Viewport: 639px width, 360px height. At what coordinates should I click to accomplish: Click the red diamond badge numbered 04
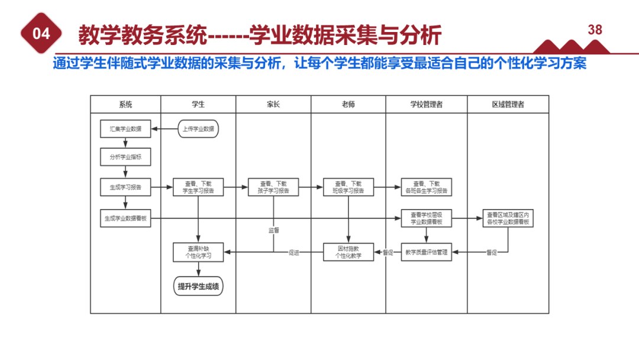(x=41, y=34)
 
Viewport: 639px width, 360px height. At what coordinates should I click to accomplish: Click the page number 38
(x=595, y=30)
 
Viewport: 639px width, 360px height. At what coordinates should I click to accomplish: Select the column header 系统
(x=125, y=104)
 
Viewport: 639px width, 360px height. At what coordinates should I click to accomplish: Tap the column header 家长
(x=273, y=104)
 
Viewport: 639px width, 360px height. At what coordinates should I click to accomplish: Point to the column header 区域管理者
(x=508, y=104)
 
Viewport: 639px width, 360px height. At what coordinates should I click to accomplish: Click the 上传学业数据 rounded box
(x=198, y=128)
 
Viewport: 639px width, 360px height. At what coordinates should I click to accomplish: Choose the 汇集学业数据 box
(x=125, y=128)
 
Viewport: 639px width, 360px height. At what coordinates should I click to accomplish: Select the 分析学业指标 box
(x=125, y=157)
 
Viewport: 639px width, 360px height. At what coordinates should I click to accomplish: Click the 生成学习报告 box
(x=125, y=187)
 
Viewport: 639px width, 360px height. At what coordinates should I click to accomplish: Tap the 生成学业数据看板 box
(x=125, y=218)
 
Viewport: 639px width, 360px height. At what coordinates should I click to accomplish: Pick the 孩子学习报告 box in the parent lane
(x=273, y=187)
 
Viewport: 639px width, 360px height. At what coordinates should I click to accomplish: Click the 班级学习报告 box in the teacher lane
(x=349, y=187)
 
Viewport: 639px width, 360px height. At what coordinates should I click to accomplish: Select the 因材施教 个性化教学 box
(x=349, y=252)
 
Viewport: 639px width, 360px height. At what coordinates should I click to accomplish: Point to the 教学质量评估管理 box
(x=427, y=252)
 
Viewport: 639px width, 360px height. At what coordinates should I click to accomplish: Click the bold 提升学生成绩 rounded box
(x=198, y=287)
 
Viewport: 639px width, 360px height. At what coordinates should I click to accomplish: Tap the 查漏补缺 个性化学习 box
(x=198, y=252)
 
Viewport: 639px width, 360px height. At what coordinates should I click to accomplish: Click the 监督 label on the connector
(x=273, y=229)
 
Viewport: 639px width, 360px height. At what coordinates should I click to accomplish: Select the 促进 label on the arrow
(x=294, y=252)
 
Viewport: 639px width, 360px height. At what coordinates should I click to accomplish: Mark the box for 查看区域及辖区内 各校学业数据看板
(x=508, y=218)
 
